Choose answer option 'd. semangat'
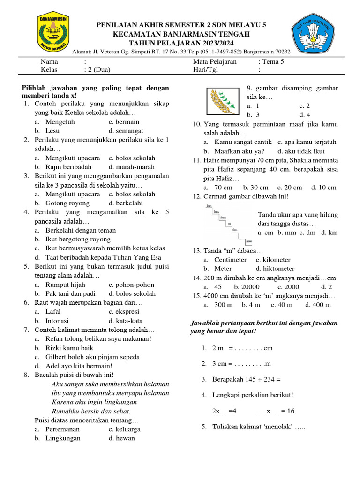126,131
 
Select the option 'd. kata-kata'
126,321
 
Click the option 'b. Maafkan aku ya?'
234,151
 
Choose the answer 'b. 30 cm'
255,187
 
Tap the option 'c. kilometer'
273,260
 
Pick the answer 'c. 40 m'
281,305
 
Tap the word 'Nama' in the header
49,61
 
